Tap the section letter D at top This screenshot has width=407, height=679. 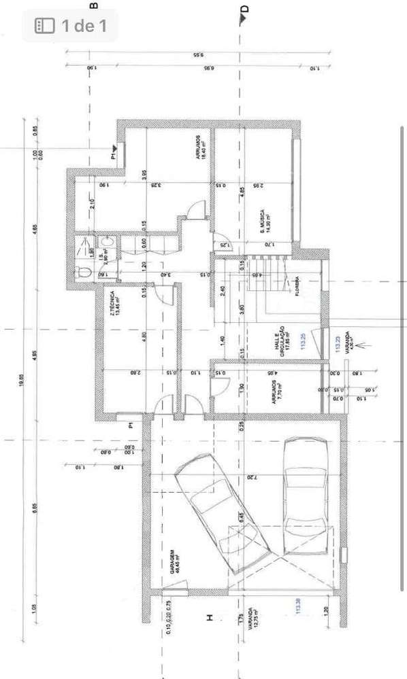tap(245, 10)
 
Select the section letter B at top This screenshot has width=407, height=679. tap(93, 5)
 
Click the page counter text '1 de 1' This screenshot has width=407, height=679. tap(84, 27)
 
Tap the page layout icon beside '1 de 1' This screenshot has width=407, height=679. tap(44, 27)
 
